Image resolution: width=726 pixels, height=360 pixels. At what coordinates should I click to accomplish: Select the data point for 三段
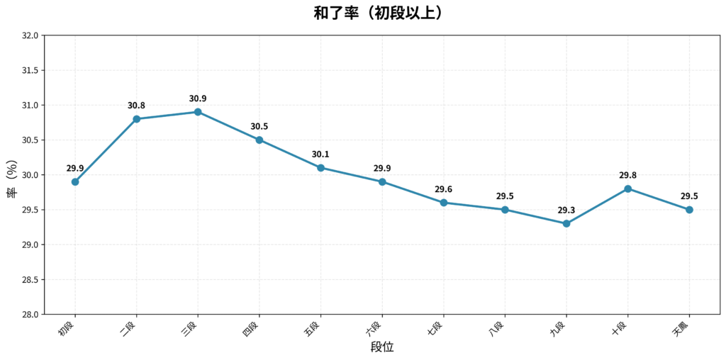coord(198,112)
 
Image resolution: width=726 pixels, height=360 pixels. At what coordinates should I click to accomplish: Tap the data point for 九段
coord(566,223)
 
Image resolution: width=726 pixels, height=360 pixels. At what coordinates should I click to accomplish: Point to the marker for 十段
coord(627,189)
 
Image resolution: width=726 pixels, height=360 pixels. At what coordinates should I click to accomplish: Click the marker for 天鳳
coord(689,210)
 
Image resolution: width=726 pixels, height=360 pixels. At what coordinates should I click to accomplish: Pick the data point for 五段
coord(320,168)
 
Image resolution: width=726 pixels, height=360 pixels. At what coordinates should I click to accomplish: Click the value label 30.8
coord(136,106)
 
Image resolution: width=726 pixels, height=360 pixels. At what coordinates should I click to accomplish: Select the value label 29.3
coord(566,210)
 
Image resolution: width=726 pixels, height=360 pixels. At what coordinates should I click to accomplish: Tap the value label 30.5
coord(259,127)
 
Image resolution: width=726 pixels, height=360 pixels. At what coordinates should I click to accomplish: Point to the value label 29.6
coord(444,189)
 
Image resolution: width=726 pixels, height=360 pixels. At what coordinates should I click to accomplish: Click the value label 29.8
coord(627,175)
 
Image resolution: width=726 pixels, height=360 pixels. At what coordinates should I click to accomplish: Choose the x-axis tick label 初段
coord(67,328)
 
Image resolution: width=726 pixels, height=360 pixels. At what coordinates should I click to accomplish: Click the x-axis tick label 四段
coord(252,328)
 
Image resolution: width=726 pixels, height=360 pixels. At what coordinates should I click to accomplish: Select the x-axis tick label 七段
coord(436,328)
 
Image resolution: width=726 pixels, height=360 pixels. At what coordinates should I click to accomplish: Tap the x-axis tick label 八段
coord(497,328)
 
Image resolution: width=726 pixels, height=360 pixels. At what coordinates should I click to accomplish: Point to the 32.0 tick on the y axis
coord(29,35)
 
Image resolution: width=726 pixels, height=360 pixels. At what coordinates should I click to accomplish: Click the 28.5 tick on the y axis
coord(29,280)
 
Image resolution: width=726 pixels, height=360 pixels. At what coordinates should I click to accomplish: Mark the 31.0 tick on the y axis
coord(29,106)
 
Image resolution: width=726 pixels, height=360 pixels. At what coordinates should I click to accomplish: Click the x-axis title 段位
coord(382,347)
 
